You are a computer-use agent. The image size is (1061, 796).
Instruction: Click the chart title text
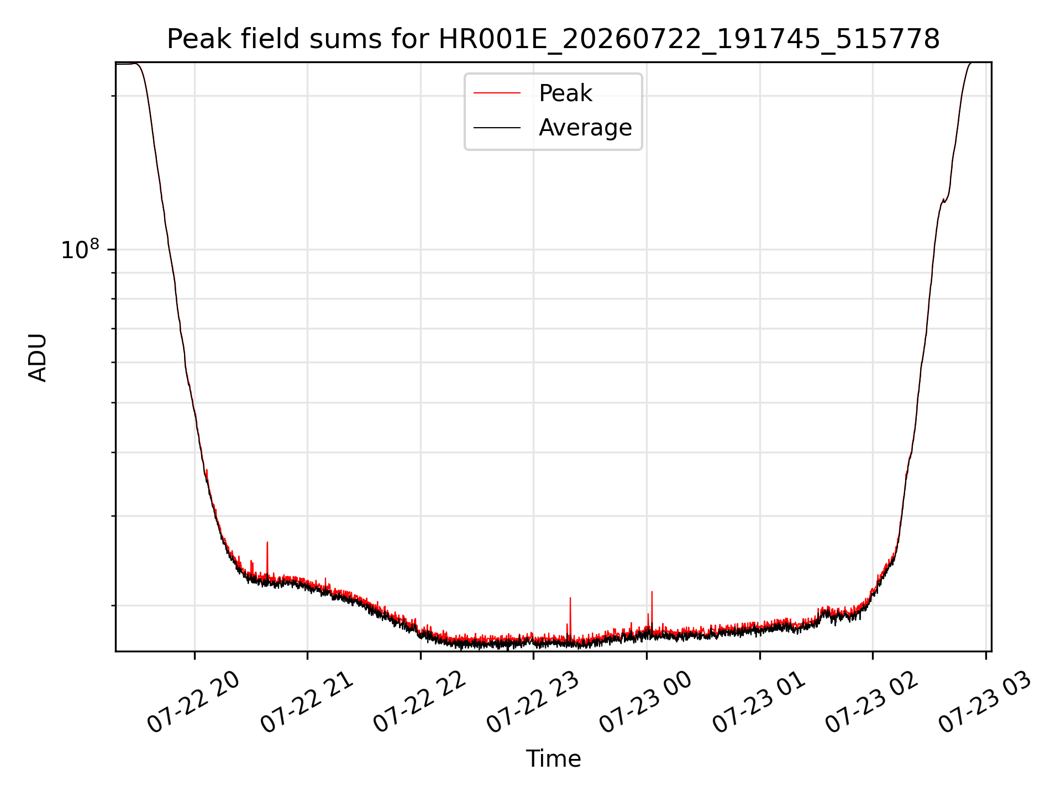click(553, 39)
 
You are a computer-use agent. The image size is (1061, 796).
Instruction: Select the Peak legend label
click(565, 93)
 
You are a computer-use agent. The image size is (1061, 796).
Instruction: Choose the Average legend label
click(585, 128)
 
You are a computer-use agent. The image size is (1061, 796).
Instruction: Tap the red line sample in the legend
click(497, 93)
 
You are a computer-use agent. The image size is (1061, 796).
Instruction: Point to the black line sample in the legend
click(497, 128)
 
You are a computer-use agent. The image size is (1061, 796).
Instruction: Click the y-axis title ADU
click(38, 357)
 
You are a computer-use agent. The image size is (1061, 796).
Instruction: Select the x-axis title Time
click(553, 759)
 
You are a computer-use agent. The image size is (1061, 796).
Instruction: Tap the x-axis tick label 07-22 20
click(193, 702)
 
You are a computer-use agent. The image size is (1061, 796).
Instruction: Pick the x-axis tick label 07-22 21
click(307, 702)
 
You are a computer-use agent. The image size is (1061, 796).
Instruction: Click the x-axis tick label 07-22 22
click(420, 702)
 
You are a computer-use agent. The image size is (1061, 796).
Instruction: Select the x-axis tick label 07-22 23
click(533, 702)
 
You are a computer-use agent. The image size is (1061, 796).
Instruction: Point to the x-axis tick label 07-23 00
click(645, 702)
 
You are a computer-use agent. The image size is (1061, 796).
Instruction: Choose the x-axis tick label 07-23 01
click(759, 702)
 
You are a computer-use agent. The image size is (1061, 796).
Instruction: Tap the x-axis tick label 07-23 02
click(872, 702)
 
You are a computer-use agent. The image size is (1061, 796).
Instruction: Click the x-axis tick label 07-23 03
click(985, 702)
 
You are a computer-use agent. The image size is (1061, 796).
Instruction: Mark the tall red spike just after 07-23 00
click(652, 608)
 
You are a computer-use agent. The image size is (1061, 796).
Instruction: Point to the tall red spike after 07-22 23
click(570, 616)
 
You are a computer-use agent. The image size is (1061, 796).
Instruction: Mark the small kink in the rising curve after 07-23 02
click(944, 200)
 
